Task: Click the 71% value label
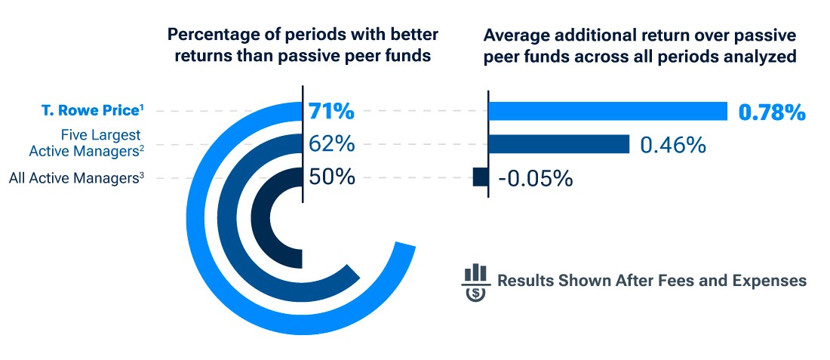point(331,112)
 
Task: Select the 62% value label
point(331,143)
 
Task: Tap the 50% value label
point(331,177)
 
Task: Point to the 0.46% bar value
point(672,144)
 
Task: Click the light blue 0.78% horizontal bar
point(607,112)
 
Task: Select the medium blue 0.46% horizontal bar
point(558,144)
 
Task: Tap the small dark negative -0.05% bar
point(480,177)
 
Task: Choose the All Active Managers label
point(76,179)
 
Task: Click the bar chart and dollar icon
point(475,282)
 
